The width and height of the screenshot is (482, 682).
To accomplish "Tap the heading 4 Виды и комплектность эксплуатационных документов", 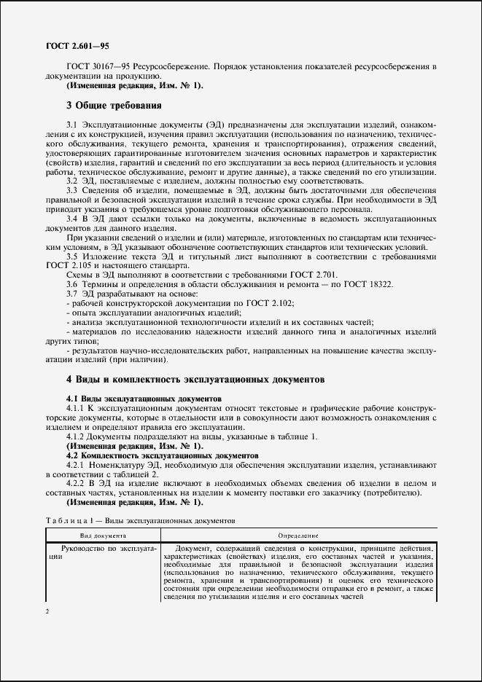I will point(195,379).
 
